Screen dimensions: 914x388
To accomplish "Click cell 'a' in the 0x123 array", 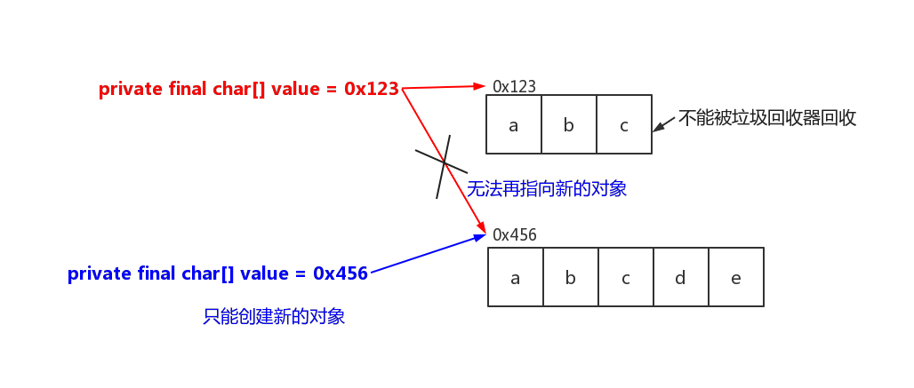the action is [x=514, y=124].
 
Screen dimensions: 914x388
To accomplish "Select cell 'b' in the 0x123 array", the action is [x=569, y=124].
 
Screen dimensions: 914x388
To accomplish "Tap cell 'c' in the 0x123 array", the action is [x=624, y=124].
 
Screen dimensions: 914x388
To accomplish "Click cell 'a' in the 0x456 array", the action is [x=516, y=277].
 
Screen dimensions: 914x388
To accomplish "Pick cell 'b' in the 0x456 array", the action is [x=571, y=277].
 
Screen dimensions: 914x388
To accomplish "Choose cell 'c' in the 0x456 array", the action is [x=626, y=277].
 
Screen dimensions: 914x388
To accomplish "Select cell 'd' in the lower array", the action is [x=680, y=277].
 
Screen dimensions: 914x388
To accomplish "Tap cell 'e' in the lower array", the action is [x=736, y=277].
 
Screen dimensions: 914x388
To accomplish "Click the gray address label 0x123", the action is [x=514, y=86].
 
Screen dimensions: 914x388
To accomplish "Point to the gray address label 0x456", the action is [x=514, y=235].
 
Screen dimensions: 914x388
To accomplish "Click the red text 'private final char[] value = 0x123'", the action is [x=248, y=89].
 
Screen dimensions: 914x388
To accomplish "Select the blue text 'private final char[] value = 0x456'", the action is [x=218, y=273].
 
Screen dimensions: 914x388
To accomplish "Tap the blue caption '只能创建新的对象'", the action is [x=274, y=316].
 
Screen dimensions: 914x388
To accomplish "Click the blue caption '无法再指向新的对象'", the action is [x=547, y=188].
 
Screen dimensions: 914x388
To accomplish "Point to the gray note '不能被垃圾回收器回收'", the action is [x=767, y=118].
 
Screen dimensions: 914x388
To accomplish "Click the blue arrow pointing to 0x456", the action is [x=427, y=254].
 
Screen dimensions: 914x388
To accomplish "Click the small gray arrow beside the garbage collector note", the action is [x=663, y=123].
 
